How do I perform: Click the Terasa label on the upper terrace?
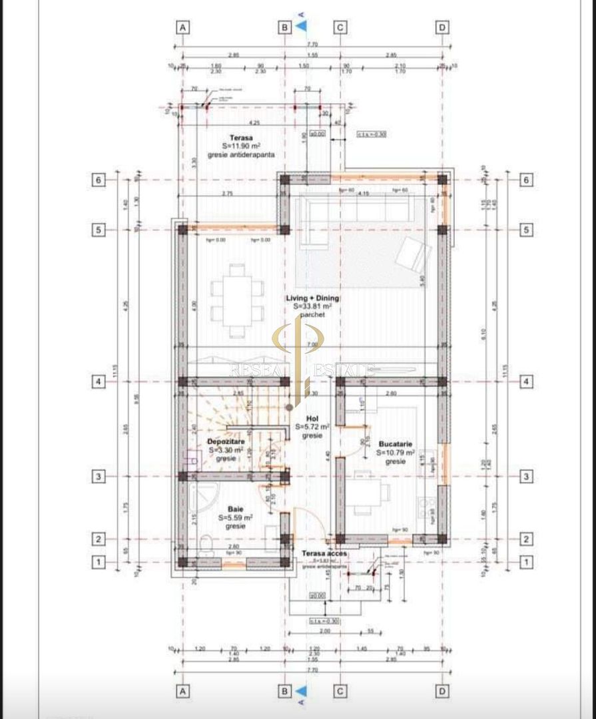(236, 136)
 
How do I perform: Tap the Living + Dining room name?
(303, 298)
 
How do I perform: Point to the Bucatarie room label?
(395, 443)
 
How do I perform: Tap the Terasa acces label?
(324, 553)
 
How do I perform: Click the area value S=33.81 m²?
(303, 306)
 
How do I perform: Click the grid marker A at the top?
(182, 27)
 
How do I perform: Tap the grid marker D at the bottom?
(442, 692)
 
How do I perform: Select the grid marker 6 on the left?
(98, 179)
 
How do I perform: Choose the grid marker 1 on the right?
(526, 563)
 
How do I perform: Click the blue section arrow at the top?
(301, 26)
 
